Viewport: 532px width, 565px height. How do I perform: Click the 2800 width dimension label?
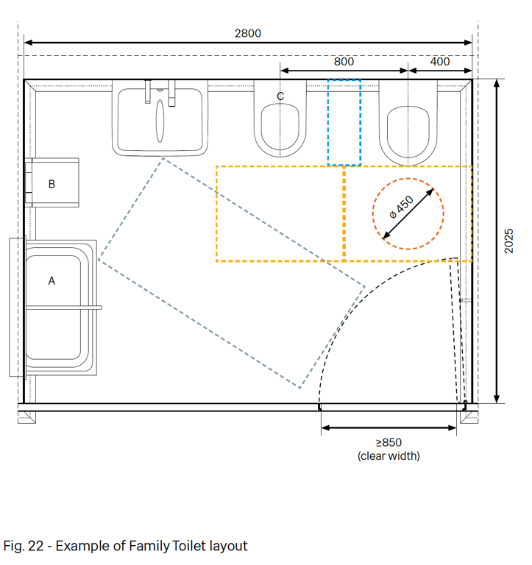248,33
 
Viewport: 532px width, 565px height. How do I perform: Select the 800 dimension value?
344,62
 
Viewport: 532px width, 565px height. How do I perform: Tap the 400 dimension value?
440,62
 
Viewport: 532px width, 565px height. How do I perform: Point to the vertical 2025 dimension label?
508,241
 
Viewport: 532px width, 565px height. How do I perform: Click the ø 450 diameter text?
402,207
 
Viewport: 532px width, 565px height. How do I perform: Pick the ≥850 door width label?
389,442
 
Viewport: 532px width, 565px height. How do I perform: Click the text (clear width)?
389,456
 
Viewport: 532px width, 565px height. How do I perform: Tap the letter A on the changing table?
52,281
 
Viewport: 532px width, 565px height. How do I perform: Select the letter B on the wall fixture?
52,184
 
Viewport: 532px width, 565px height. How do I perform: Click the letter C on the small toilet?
280,96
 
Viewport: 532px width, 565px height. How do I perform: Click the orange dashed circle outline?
372,213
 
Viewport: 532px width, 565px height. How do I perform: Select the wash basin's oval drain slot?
160,121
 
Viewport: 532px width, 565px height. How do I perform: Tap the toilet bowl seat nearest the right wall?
408,132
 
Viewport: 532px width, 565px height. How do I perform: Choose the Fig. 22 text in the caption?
24,546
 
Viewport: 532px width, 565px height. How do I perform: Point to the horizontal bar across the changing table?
64,308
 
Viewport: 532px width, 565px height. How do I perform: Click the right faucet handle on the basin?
172,93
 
